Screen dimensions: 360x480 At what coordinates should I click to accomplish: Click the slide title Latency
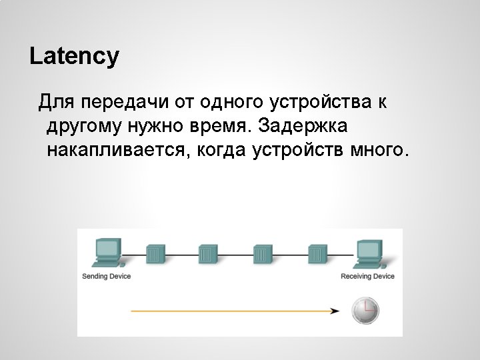[74, 56]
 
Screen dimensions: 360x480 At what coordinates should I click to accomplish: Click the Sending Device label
[106, 276]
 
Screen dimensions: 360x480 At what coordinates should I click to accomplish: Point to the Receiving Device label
[367, 276]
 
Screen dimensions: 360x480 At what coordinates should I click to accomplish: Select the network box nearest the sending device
[155, 253]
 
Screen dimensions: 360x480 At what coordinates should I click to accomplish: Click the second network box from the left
[209, 253]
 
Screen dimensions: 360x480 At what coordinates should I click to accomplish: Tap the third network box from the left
[263, 253]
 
